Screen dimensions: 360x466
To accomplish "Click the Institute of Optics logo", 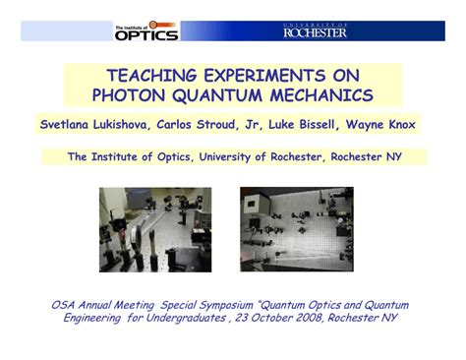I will [146, 31].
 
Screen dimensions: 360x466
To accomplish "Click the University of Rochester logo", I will [315, 30].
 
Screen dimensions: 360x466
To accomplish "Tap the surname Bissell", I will [333, 125].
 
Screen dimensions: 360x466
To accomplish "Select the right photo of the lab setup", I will [296, 229].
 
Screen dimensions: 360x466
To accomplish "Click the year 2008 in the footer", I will [303, 318].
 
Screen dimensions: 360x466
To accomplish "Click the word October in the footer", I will [265, 318].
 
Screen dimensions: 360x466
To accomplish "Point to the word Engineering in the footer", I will [94, 318].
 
